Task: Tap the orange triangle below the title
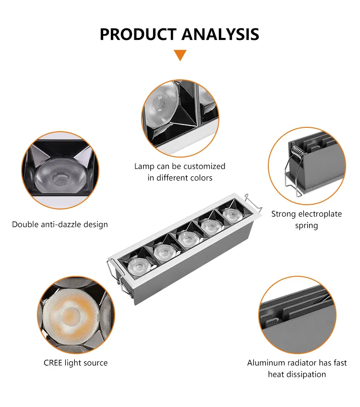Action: (x=180, y=55)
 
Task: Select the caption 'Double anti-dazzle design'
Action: (x=60, y=224)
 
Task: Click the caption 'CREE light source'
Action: (x=76, y=363)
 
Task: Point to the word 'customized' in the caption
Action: (x=204, y=166)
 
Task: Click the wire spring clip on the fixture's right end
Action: (x=253, y=203)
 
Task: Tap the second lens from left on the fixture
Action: (x=163, y=250)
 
